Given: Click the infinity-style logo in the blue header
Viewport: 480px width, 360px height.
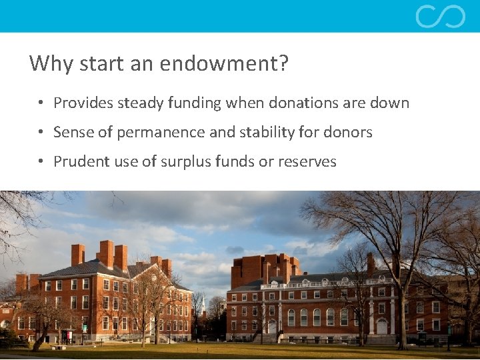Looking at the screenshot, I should click(x=440, y=16).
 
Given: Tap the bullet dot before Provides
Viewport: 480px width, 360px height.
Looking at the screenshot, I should click(x=41, y=103).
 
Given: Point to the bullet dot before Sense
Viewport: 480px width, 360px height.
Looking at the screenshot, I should click(x=41, y=133).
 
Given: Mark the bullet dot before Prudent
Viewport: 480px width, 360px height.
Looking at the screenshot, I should click(x=41, y=162).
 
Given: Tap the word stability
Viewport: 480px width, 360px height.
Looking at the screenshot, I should click(x=268, y=133).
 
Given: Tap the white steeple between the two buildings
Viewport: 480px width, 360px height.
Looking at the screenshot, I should click(x=203, y=307).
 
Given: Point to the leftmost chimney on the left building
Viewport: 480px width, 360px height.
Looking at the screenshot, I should click(x=77, y=255).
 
